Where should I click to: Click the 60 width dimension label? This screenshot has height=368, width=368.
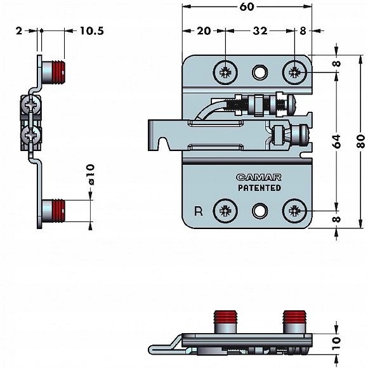247,7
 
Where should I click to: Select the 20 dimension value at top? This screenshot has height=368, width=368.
204,30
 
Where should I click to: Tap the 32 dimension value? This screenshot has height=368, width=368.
260,30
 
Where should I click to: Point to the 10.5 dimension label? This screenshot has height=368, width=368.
92,30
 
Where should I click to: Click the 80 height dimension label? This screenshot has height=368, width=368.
361,141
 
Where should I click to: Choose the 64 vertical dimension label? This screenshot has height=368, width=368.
337,141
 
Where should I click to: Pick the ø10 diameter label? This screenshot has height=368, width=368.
91,174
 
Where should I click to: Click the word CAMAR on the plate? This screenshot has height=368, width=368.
259,177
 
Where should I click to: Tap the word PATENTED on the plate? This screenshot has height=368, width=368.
260,188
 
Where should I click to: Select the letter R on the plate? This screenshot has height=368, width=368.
199,211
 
